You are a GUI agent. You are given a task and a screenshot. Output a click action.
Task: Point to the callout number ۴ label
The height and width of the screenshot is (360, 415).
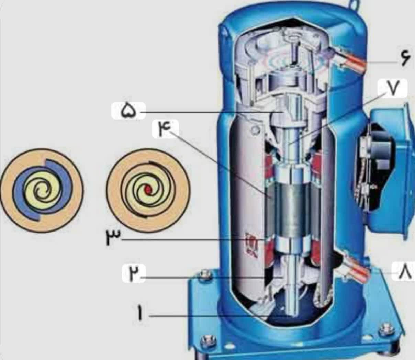[x=165, y=129]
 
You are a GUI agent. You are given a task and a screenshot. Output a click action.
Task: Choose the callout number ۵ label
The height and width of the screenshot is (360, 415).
[x=128, y=111]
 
